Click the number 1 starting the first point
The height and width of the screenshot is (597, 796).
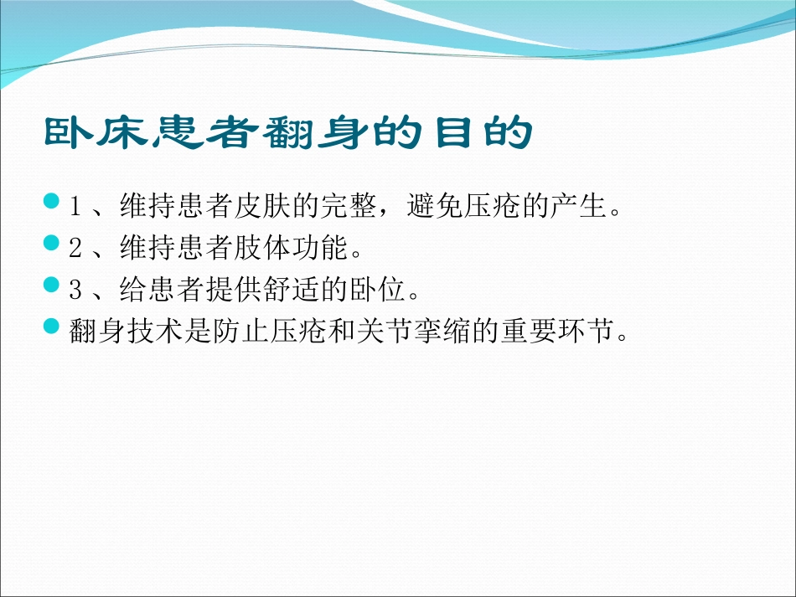tap(75, 205)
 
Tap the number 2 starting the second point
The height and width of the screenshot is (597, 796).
tap(75, 249)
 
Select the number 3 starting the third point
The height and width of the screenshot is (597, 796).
tap(75, 291)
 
